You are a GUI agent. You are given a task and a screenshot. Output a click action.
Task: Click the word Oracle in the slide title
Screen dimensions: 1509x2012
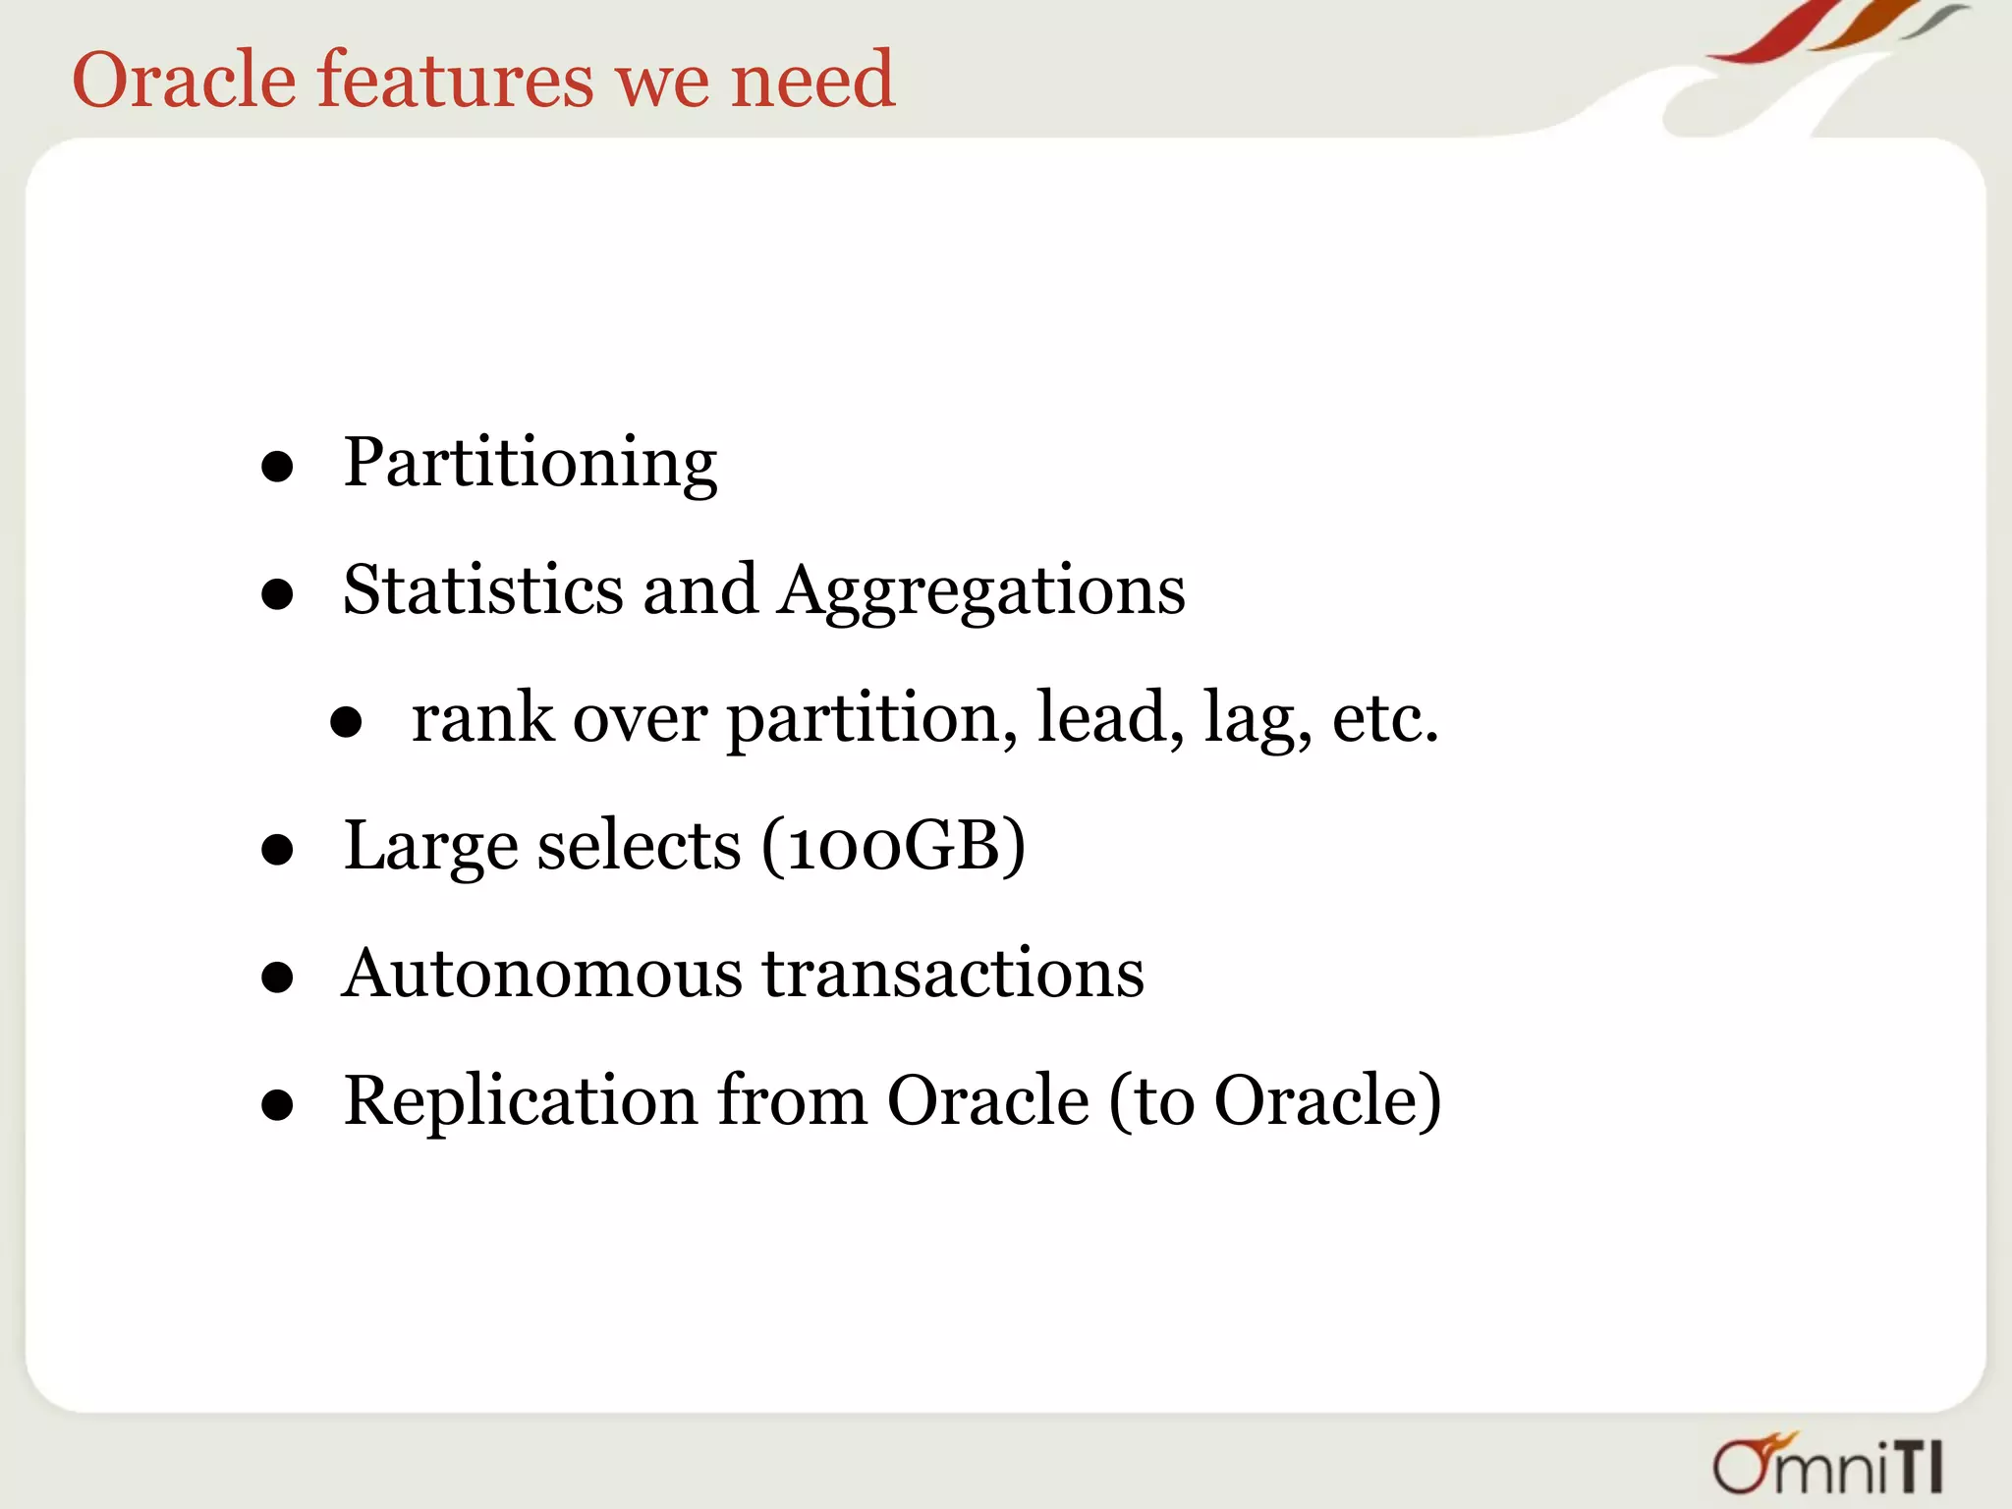coord(184,80)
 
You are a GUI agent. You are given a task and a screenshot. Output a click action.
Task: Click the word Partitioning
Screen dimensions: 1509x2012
coord(530,463)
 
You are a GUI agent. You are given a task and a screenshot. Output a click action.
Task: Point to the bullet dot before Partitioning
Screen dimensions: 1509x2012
coord(278,467)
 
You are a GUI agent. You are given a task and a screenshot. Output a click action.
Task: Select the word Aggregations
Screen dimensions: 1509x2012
coord(981,592)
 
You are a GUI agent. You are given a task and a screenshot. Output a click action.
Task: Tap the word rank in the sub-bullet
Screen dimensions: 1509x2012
coord(482,718)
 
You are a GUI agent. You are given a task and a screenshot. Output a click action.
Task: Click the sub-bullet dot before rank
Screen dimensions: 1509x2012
coord(346,723)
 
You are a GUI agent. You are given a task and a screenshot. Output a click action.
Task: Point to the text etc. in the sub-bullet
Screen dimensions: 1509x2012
coord(1385,718)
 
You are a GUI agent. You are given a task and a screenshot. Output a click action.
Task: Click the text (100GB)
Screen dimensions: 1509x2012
coord(893,846)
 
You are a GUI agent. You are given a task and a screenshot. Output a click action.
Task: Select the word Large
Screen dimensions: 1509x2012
coord(430,848)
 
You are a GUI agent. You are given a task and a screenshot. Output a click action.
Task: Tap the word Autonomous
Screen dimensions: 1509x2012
coord(542,974)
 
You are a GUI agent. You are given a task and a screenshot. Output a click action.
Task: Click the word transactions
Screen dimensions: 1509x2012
coord(954,974)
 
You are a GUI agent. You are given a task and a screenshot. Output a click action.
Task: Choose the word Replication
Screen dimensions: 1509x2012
coord(521,1101)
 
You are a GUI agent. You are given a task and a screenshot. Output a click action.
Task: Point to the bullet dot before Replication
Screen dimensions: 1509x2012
coord(278,1105)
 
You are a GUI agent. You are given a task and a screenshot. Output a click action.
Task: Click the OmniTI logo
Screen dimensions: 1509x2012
coord(1827,1465)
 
